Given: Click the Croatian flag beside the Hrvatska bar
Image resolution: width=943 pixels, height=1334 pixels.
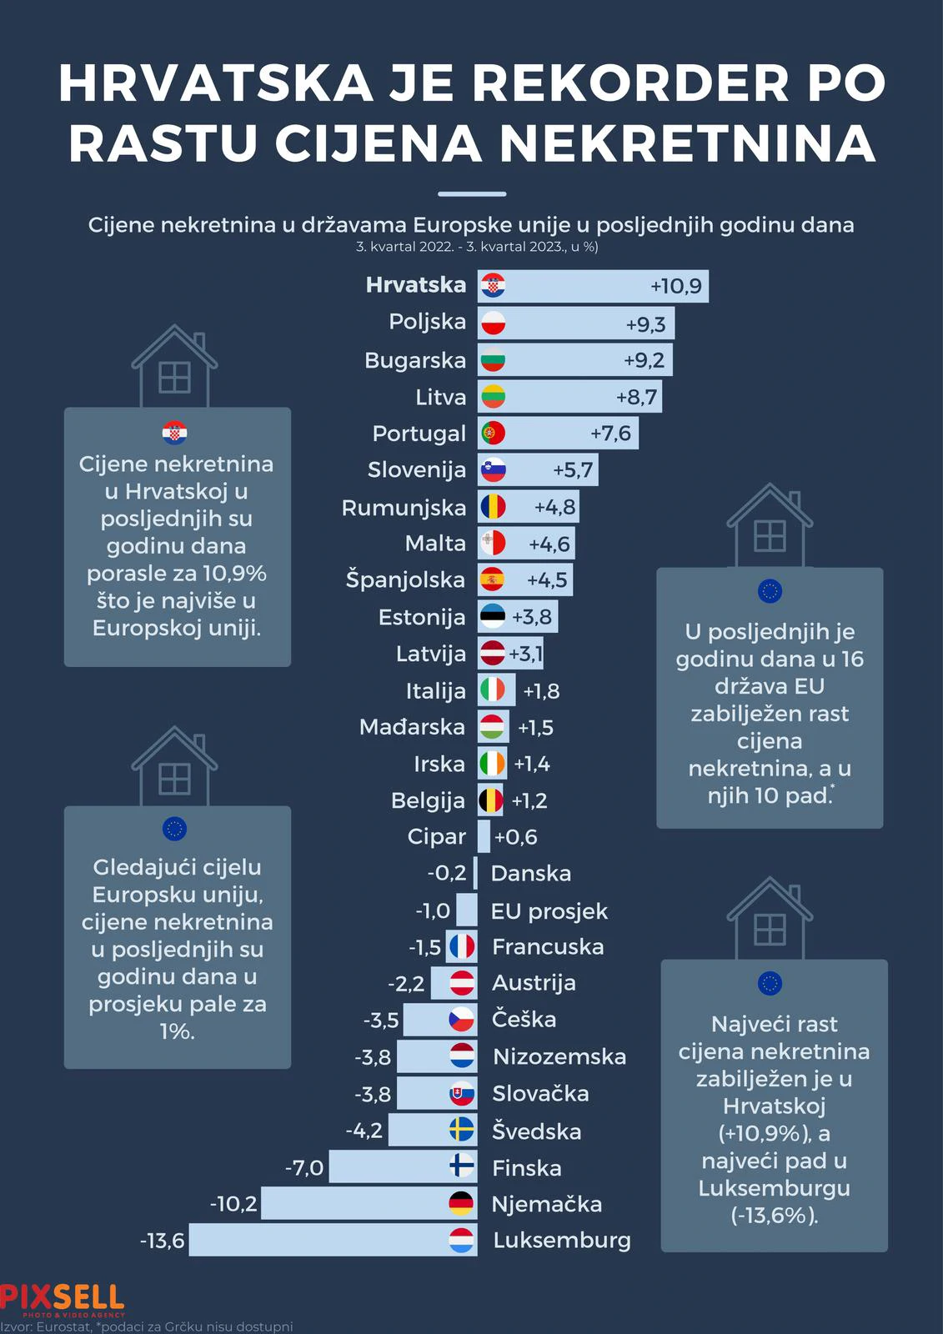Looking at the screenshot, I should click(x=493, y=286).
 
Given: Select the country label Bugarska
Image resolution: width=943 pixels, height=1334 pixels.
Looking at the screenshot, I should click(x=415, y=360).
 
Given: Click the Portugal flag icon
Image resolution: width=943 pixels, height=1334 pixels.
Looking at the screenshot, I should click(x=493, y=433).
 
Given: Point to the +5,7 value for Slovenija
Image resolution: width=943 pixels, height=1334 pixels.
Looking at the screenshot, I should click(x=573, y=470).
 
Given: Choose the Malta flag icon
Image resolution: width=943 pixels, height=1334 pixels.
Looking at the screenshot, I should click(x=493, y=543).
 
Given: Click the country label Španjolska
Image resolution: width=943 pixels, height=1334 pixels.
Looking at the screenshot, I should click(x=405, y=580).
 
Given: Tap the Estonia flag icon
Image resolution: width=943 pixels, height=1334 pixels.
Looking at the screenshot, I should click(x=493, y=617).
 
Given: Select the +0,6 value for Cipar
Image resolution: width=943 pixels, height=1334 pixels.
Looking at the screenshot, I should click(x=515, y=837).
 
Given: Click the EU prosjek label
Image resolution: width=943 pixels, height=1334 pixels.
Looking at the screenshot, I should click(x=549, y=911).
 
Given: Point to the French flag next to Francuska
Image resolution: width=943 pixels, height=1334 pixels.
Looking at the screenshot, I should click(x=462, y=946).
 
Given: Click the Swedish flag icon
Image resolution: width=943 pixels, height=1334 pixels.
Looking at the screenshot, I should click(x=462, y=1130).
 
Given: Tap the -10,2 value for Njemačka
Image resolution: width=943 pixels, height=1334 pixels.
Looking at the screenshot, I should click(x=233, y=1204).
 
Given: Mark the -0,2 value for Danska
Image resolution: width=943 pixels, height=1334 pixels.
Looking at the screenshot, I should click(x=447, y=874).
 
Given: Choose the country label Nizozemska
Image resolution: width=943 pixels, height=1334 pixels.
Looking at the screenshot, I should click(x=559, y=1057).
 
